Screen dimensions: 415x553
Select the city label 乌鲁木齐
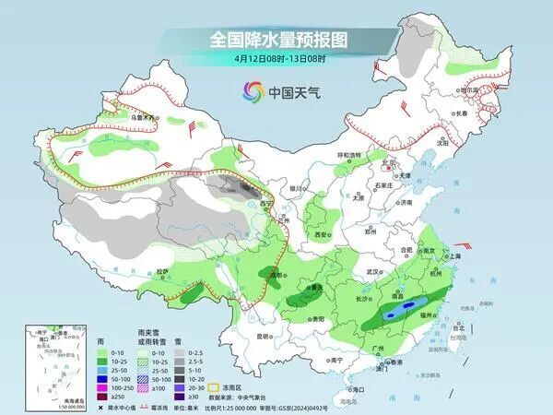144,118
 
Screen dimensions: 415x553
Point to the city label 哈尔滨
471,90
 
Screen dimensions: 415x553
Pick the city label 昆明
265,336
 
